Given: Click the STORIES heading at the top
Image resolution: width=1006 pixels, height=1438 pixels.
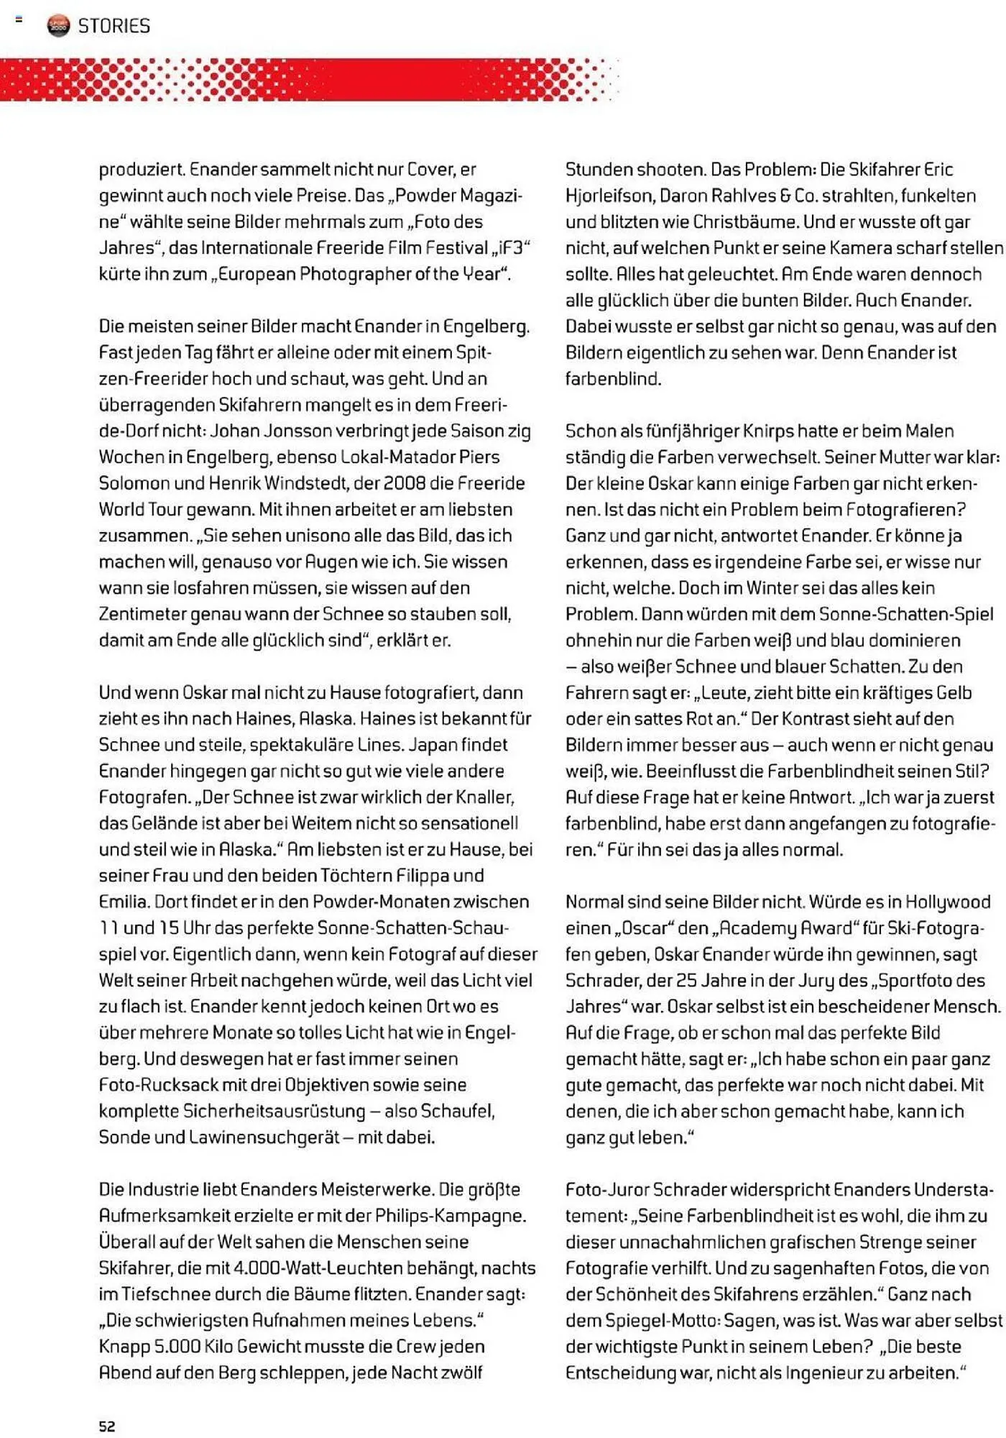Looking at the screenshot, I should pyautogui.click(x=114, y=26).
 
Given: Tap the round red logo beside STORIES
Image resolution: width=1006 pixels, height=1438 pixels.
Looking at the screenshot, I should pyautogui.click(x=59, y=26).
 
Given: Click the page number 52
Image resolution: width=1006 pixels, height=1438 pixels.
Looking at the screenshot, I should pyautogui.click(x=107, y=1426).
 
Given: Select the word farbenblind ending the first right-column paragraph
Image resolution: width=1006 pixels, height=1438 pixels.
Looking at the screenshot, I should pyautogui.click(x=612, y=379).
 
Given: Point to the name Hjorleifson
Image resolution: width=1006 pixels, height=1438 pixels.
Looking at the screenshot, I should pyautogui.click(x=609, y=196).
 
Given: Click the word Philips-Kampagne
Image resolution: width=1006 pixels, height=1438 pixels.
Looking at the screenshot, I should pyautogui.click(x=451, y=1216).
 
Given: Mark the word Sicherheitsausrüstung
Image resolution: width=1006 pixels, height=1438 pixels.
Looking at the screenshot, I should pyautogui.click(x=274, y=1112).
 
